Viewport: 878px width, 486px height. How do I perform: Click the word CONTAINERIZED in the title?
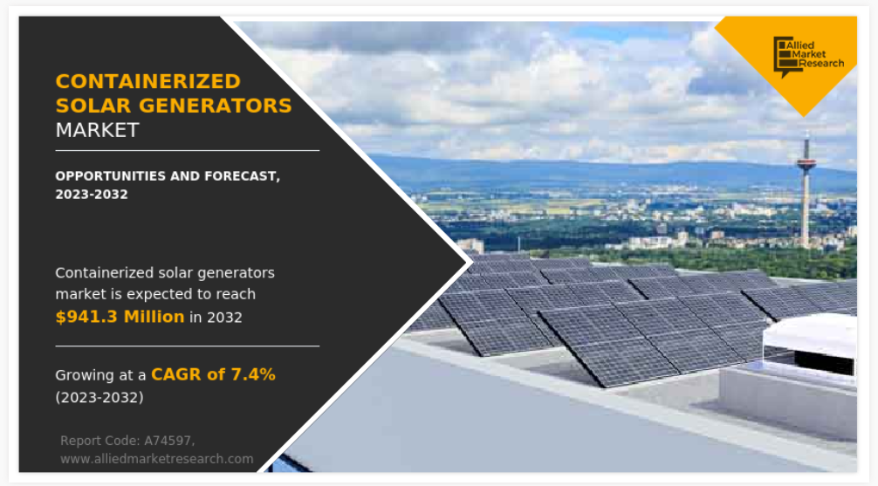147,82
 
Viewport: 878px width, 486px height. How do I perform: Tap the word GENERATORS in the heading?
215,106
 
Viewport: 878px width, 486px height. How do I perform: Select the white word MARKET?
97,130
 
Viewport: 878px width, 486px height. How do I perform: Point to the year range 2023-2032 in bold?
92,195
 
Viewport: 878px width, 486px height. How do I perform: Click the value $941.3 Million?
120,317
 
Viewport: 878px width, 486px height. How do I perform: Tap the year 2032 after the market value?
224,318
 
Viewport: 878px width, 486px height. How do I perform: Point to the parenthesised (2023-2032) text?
99,398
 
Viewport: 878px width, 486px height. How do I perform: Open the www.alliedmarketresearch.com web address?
157,459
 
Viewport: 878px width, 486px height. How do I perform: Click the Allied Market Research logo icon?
783,56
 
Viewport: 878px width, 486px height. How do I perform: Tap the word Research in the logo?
821,64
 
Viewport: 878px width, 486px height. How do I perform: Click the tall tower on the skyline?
806,189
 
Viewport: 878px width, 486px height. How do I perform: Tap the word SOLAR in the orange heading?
93,106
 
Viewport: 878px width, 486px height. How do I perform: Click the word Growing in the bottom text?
85,376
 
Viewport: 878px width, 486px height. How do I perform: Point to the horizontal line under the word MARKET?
187,151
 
